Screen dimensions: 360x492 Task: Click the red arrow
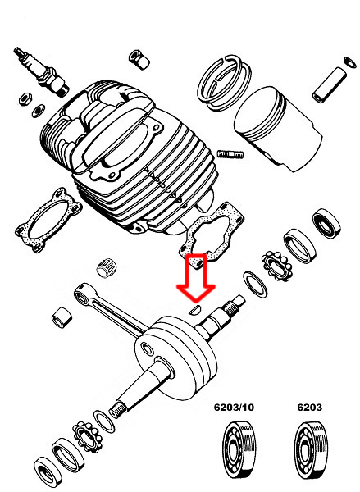click(x=196, y=278)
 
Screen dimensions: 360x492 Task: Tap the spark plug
click(x=41, y=71)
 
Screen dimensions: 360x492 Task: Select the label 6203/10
click(x=234, y=408)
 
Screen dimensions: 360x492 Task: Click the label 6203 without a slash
click(x=309, y=408)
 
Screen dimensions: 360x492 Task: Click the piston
click(x=278, y=129)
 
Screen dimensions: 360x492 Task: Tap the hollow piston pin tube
click(x=329, y=84)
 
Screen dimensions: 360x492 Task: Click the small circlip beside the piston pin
click(x=350, y=61)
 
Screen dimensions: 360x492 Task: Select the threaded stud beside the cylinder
click(x=230, y=154)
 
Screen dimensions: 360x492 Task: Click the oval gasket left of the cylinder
click(x=48, y=219)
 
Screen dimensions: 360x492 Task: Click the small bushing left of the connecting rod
click(x=62, y=317)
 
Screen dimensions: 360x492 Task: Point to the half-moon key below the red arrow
click(x=196, y=310)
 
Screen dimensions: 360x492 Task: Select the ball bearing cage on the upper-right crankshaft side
click(x=277, y=266)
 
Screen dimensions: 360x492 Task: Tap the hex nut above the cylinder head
click(x=139, y=59)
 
